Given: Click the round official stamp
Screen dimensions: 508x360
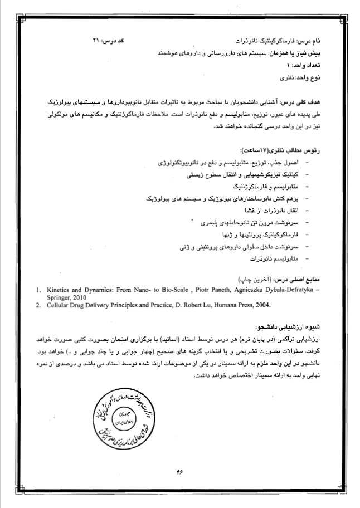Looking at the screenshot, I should pyautogui.click(x=124, y=411).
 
